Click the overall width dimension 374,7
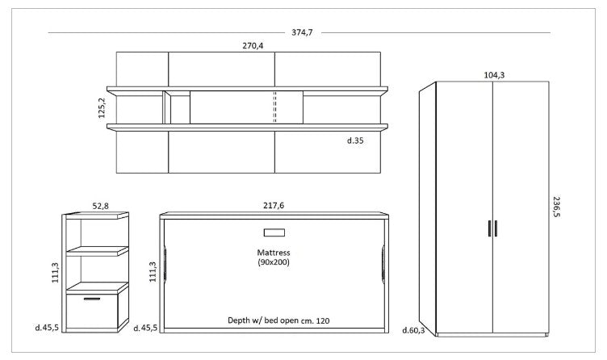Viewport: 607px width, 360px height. (x=302, y=32)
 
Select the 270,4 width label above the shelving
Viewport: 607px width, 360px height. (x=253, y=46)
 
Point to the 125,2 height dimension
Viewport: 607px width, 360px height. (x=102, y=107)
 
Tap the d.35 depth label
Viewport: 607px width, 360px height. (x=355, y=140)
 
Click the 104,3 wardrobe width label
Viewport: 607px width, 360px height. (x=494, y=75)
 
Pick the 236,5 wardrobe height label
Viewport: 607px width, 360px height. (x=556, y=207)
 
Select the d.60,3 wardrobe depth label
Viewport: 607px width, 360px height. (x=413, y=330)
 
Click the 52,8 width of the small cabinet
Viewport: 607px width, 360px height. (x=100, y=206)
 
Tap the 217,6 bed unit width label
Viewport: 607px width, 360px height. (x=274, y=206)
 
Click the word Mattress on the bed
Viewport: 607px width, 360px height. (x=274, y=253)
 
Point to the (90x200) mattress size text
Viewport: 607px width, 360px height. (x=274, y=262)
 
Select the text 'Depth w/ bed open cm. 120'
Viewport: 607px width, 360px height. (x=278, y=320)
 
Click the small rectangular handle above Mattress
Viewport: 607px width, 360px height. (x=274, y=232)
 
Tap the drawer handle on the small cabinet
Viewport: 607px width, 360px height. (x=92, y=299)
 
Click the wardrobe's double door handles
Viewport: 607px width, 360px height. (x=492, y=228)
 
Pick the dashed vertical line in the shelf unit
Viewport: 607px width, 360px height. (x=275, y=107)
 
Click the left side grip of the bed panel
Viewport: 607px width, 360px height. (x=165, y=264)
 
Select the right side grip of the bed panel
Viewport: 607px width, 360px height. (x=383, y=264)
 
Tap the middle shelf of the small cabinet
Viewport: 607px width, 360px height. (x=97, y=251)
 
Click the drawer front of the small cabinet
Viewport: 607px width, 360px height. (x=92, y=312)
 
